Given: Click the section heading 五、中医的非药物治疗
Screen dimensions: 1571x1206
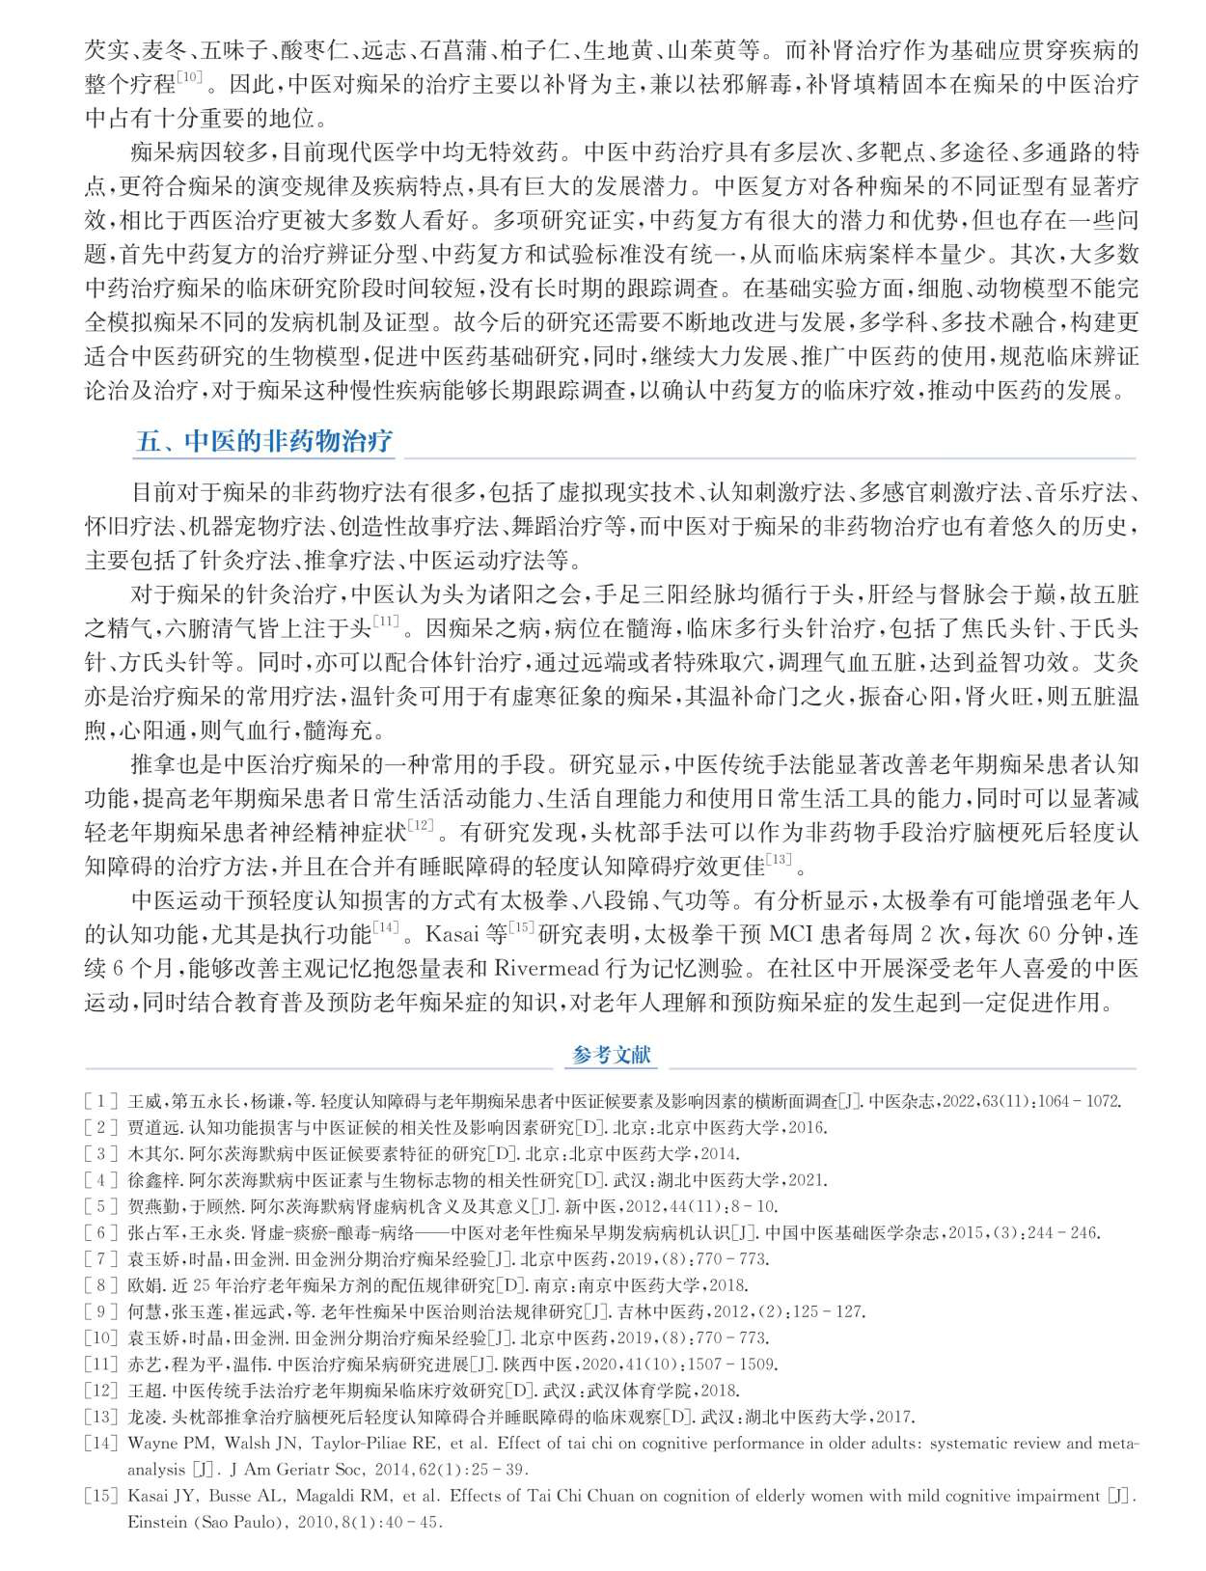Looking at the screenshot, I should tap(263, 441).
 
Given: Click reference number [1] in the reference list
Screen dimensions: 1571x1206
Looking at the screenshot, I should tap(101, 1101).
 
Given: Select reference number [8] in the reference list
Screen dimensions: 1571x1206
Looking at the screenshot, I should tap(101, 1285).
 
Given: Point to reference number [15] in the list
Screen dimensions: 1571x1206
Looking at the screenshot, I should tap(101, 1496).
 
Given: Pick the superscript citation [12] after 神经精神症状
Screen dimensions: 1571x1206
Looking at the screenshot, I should tap(422, 824).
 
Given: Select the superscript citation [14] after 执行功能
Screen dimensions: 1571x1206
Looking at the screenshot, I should tap(386, 927).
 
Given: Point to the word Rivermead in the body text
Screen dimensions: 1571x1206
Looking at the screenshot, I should tap(550, 968).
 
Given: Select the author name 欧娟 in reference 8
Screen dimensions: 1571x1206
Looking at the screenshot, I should tap(144, 1285).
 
